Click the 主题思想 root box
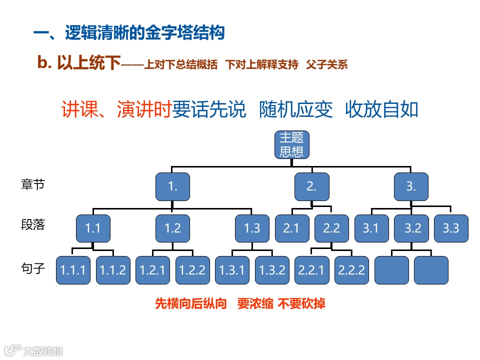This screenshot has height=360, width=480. point(291,144)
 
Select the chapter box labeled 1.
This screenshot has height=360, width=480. point(172,187)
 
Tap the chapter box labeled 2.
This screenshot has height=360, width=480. point(311,187)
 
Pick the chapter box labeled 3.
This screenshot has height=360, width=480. point(411,187)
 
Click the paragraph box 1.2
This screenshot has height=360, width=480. point(172,228)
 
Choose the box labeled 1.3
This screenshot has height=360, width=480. point(252,228)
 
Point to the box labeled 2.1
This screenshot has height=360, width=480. point(291,228)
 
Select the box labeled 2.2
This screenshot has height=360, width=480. point(331,228)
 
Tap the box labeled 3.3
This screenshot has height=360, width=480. point(451,228)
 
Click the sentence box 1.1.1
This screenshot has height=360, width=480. point(73,270)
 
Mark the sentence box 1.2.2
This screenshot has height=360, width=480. point(192,270)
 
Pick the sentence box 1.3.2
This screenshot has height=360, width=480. point(272,270)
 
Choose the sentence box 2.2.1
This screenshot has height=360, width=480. point(311,270)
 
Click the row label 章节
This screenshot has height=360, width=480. point(33,184)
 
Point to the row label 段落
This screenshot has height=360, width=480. point(33,225)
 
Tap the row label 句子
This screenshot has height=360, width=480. point(33,269)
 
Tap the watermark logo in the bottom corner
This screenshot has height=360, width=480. point(33,350)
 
